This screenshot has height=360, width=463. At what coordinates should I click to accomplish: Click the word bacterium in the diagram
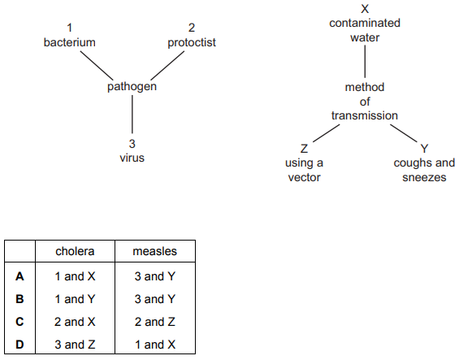pyautogui.click(x=69, y=42)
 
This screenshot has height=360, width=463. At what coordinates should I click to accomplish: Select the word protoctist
pyautogui.click(x=192, y=42)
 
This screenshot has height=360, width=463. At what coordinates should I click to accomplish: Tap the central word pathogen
pyautogui.click(x=132, y=86)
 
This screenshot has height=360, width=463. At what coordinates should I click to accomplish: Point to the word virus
pyautogui.click(x=132, y=158)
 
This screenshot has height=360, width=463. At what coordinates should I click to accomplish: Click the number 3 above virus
pyautogui.click(x=132, y=144)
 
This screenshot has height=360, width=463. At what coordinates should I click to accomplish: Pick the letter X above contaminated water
pyautogui.click(x=365, y=9)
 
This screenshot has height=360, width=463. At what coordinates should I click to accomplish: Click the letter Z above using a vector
pyautogui.click(x=304, y=148)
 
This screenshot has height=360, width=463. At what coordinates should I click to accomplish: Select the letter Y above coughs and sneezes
pyautogui.click(x=424, y=148)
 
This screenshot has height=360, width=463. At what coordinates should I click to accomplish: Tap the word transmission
pyautogui.click(x=365, y=115)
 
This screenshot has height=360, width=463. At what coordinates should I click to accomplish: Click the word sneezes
pyautogui.click(x=424, y=177)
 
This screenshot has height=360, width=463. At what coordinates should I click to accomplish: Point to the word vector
pyautogui.click(x=304, y=177)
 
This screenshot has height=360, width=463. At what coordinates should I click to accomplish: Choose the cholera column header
pyautogui.click(x=75, y=251)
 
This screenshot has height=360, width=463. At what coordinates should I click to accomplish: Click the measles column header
pyautogui.click(x=154, y=251)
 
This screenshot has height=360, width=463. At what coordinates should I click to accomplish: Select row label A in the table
pyautogui.click(x=19, y=276)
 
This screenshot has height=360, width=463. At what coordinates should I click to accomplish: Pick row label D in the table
pyautogui.click(x=19, y=345)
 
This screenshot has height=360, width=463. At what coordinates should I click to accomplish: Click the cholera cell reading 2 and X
pyautogui.click(x=75, y=322)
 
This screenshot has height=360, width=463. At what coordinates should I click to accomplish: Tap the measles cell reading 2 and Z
pyautogui.click(x=154, y=322)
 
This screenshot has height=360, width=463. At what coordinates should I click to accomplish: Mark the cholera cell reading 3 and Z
pyautogui.click(x=75, y=345)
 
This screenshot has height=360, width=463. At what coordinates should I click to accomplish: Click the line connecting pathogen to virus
pyautogui.click(x=132, y=114)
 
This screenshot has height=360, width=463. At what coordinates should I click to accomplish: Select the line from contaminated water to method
pyautogui.click(x=365, y=62)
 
